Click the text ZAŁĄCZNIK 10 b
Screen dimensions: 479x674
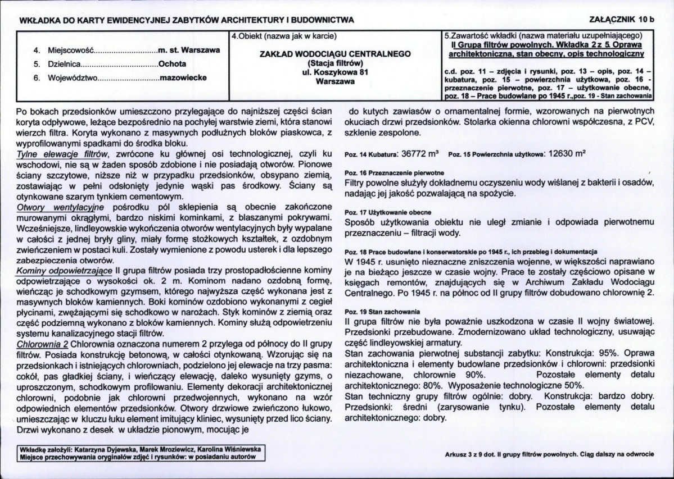(623, 20)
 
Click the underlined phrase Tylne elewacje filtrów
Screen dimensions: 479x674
(63, 153)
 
